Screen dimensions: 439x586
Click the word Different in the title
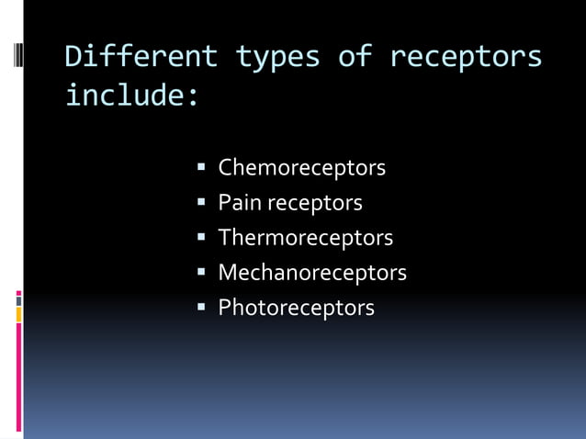pos(141,57)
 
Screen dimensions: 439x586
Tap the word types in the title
pos(278,57)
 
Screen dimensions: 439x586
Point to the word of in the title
pos(355,57)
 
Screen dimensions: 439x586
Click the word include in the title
pos(126,95)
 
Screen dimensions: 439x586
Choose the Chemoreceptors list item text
pos(301,169)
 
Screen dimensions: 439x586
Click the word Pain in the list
pos(239,202)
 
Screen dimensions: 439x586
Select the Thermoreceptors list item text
pos(305,238)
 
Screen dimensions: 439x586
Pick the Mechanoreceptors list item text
pos(311,273)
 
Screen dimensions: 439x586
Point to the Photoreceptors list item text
pos(296,308)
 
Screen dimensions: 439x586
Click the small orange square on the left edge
pos(19,314)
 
